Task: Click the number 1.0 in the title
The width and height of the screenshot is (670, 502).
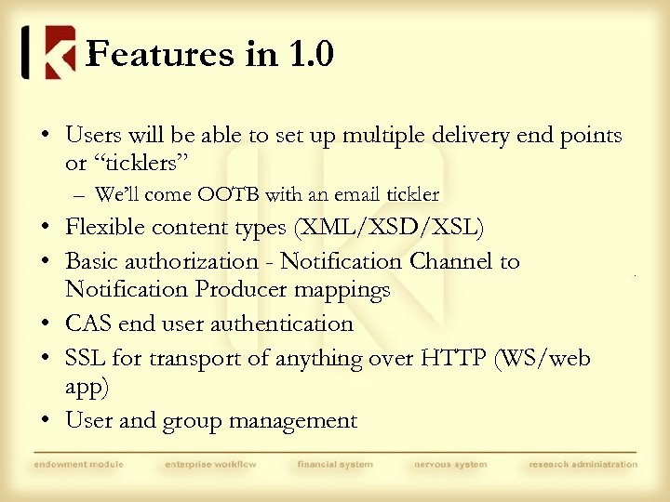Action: click(x=311, y=55)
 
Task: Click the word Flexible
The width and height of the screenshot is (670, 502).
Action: click(x=104, y=228)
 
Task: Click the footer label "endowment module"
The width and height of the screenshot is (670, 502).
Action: click(x=79, y=464)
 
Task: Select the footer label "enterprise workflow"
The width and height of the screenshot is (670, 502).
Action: click(x=210, y=464)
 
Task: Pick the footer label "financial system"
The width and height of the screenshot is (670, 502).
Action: click(x=335, y=464)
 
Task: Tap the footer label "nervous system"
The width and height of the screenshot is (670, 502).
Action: click(x=451, y=464)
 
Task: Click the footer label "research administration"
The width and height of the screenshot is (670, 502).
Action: click(x=583, y=464)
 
